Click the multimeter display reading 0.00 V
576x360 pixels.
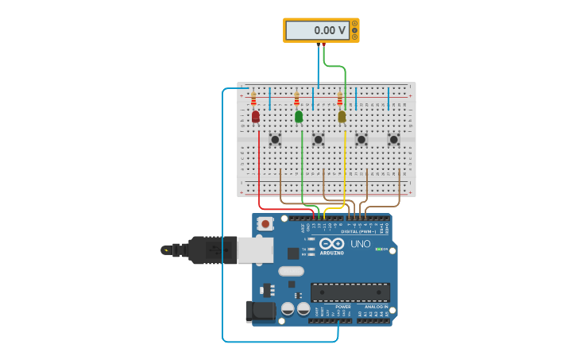coord(317,30)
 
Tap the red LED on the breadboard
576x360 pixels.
coord(255,117)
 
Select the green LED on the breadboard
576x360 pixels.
coord(299,117)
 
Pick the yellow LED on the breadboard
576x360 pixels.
coord(342,117)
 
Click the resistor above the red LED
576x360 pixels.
coord(253,99)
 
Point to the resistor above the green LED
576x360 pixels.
coord(296,99)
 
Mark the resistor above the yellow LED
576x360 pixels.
coord(339,99)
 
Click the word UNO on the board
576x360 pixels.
coord(361,244)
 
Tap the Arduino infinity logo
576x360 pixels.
coord(332,243)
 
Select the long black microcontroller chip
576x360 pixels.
coord(350,292)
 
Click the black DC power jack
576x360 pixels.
coord(261,312)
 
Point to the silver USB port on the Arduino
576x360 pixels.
coord(255,250)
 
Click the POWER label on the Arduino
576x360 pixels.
coord(342,307)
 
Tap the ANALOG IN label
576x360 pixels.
coord(376,307)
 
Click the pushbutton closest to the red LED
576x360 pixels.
coord(275,139)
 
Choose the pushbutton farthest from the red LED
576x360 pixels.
coord(393,139)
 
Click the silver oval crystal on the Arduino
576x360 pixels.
coord(291,271)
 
